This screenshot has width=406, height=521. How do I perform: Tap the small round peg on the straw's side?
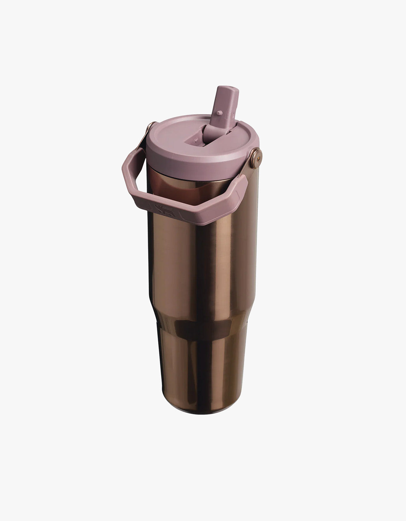[219, 113]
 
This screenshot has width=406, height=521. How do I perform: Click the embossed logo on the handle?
[160, 207]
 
